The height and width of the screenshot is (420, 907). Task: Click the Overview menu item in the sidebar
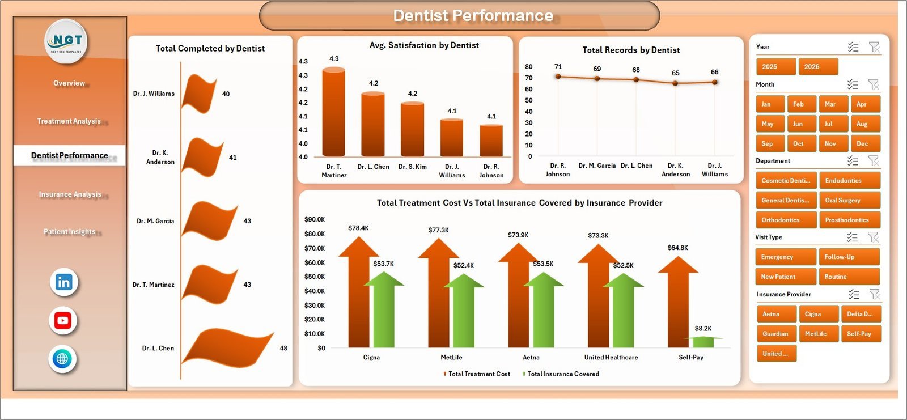69,83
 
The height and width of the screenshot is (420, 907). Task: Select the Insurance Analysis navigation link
70,194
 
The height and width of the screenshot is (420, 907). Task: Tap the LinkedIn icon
63,282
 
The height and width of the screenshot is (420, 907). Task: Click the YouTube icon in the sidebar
63,321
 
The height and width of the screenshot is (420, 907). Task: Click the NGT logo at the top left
66,41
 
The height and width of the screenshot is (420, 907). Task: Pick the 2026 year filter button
817,67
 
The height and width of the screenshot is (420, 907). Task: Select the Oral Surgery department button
849,201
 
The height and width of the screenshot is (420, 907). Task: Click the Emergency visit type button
785,257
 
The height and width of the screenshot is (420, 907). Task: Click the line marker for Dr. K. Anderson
675,83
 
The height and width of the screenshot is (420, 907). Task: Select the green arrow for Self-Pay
703,342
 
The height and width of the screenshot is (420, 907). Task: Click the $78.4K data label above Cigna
358,228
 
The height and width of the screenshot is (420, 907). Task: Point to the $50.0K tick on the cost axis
315,277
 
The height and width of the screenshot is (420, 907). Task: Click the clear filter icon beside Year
874,47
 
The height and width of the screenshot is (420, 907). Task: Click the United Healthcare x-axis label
611,358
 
